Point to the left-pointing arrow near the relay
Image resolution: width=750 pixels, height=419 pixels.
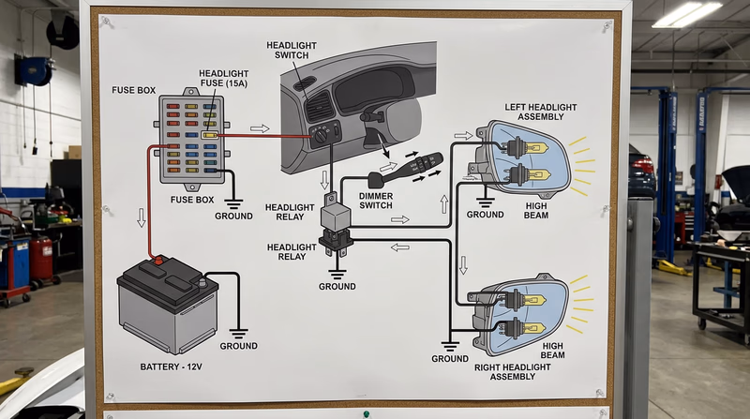pos(399,247)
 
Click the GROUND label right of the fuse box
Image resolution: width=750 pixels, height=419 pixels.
pos(233,216)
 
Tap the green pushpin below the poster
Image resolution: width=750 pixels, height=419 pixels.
pos(366,413)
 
